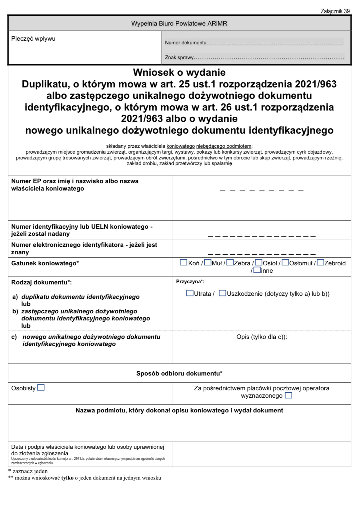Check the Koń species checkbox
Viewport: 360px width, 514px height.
tap(183, 263)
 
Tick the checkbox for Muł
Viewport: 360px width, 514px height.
tap(208, 263)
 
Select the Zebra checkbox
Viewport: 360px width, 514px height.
tap(230, 263)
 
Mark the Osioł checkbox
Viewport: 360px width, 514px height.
tap(259, 263)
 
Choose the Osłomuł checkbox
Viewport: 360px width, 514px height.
tap(285, 263)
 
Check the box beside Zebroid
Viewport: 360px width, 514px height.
tap(320, 263)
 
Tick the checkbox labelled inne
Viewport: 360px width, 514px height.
tap(257, 270)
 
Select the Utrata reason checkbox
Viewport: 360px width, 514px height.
tap(190, 293)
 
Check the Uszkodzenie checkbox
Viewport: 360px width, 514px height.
tap(222, 293)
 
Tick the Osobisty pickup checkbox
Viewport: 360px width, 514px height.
tap(41, 388)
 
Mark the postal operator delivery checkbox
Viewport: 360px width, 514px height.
tap(288, 395)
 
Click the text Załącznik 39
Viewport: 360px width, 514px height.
tap(335, 11)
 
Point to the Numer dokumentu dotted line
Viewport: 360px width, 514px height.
tap(275, 43)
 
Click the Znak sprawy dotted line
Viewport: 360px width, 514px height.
tap(269, 58)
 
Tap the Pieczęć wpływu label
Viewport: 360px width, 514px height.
tap(33, 39)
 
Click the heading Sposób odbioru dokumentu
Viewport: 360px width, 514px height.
tap(179, 373)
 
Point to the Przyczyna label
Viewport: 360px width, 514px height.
tap(190, 282)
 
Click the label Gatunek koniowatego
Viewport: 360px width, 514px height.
tap(45, 263)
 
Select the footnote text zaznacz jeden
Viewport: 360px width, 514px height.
tap(30, 471)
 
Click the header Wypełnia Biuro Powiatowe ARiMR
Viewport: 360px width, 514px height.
tap(179, 23)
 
